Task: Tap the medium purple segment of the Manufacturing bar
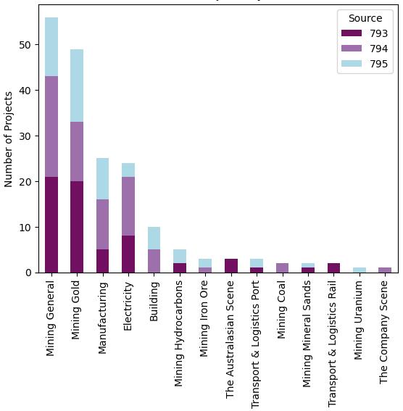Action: point(102,225)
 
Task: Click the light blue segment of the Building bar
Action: point(154,238)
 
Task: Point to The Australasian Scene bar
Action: point(230,266)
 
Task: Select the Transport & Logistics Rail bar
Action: point(333,268)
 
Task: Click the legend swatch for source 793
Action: point(351,33)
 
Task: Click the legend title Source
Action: point(365,18)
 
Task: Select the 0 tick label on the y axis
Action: point(30,273)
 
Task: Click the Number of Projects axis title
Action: point(9,139)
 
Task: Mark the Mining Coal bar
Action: point(282,268)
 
